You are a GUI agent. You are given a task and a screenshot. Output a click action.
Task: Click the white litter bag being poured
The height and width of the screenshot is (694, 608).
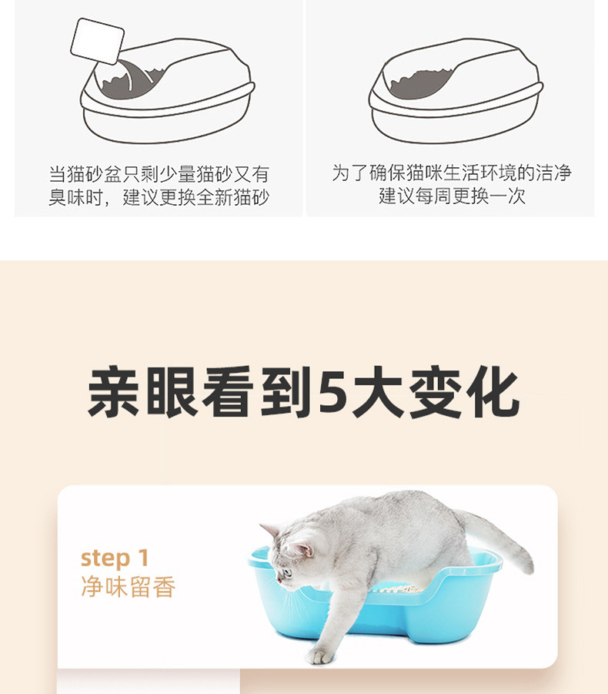click(x=97, y=41)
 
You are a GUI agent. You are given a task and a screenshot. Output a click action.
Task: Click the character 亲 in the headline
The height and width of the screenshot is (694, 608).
click(x=114, y=392)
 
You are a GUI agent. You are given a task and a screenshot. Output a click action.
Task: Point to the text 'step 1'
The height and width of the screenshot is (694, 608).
click(x=115, y=558)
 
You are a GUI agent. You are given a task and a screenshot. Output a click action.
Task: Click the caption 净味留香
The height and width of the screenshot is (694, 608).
click(x=129, y=588)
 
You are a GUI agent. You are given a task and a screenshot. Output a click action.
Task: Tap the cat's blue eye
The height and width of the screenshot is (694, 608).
click(x=287, y=573)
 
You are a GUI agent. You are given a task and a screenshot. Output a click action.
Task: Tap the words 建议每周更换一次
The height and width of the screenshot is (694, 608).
click(x=452, y=196)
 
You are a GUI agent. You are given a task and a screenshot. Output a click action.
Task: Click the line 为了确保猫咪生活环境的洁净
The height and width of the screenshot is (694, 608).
click(x=452, y=173)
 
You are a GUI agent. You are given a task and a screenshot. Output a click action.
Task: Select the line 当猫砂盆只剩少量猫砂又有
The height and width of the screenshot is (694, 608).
click(x=159, y=174)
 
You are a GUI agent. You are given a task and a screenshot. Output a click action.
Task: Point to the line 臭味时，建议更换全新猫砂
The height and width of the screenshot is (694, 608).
click(x=159, y=197)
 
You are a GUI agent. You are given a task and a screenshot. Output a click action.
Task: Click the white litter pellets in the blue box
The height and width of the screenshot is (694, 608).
click(x=396, y=588)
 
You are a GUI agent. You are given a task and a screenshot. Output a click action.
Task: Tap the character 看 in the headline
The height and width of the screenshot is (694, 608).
click(x=227, y=392)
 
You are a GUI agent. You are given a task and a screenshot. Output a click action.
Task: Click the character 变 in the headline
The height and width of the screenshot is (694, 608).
click(x=436, y=392)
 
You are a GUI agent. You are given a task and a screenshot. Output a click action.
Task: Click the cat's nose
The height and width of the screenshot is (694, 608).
click(x=278, y=579)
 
